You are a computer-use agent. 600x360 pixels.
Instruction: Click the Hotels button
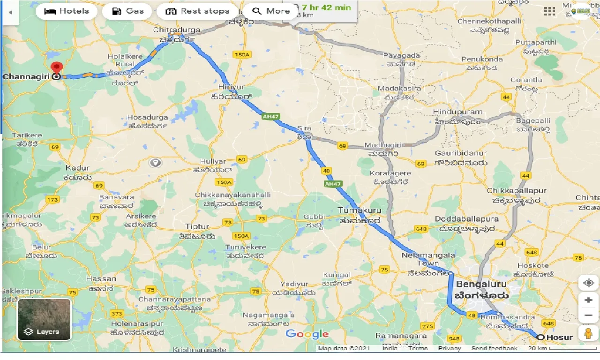tap(66, 11)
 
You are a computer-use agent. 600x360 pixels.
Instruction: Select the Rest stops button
tap(197, 11)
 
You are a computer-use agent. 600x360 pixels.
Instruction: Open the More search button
tap(271, 11)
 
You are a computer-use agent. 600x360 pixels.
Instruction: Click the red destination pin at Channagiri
tap(57, 68)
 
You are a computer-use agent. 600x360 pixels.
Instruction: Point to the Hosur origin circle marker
tap(540, 337)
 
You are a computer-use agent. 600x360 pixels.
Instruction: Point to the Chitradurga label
tap(176, 30)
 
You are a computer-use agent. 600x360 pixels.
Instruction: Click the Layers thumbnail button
tap(44, 319)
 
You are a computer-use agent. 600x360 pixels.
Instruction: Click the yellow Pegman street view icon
tap(588, 333)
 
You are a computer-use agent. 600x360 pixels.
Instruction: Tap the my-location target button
tap(588, 283)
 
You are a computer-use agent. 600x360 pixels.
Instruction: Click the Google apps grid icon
tap(549, 11)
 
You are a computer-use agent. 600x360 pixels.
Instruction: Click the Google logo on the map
tap(307, 334)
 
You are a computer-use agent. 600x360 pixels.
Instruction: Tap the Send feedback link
tap(494, 348)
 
